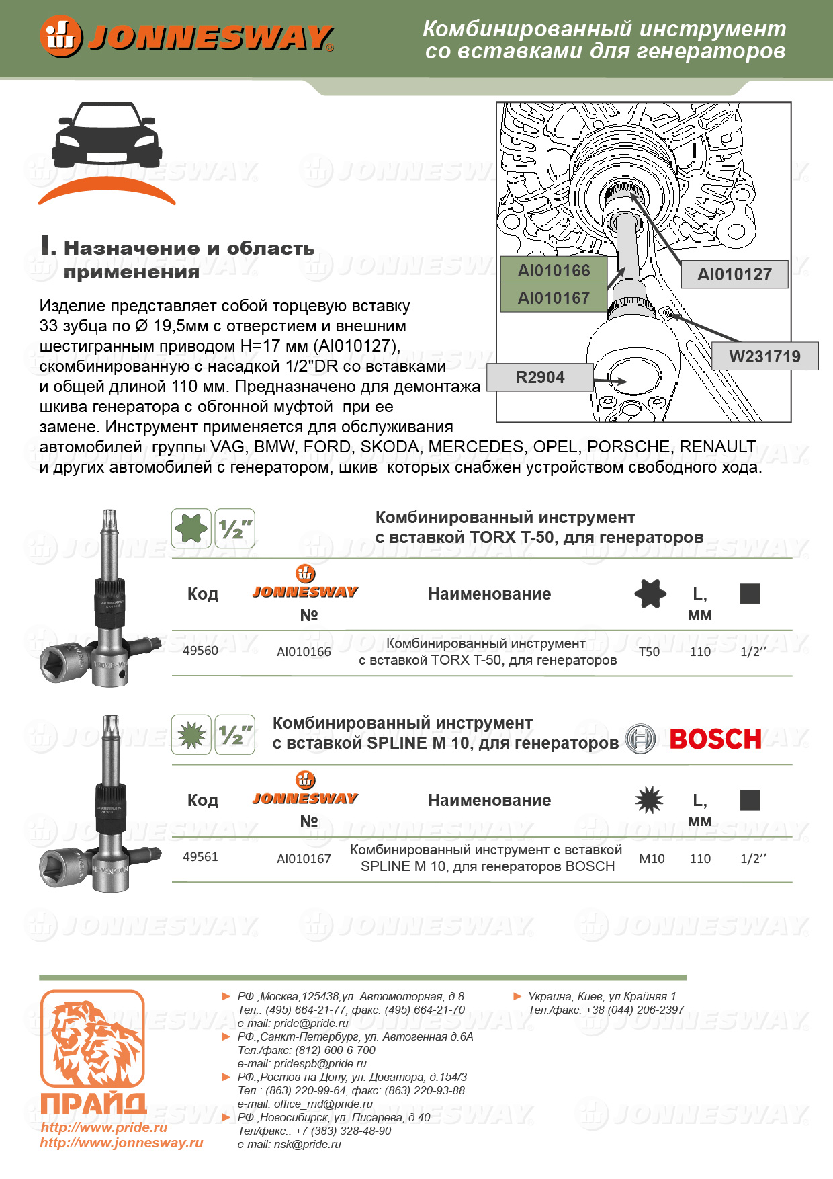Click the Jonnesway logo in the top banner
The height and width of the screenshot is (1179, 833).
click(186, 37)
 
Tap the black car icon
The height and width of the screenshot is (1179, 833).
click(107, 135)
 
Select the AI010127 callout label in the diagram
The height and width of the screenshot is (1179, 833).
click(734, 274)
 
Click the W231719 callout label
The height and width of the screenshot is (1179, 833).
click(764, 356)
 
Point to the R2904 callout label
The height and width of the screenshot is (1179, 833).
click(540, 378)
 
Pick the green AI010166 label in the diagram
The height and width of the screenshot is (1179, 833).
click(554, 270)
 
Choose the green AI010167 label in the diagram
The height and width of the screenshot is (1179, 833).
click(554, 298)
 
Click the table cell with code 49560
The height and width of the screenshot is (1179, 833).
click(200, 651)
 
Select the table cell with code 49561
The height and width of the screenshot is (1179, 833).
click(200, 857)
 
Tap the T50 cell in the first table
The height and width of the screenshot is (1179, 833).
click(649, 652)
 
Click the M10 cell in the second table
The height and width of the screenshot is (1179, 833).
click(652, 858)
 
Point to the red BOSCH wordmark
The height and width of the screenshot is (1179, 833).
click(715, 739)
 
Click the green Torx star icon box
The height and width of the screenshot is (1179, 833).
click(191, 528)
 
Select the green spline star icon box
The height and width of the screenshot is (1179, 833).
click(191, 735)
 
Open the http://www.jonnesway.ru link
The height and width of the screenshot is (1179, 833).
click(122, 1143)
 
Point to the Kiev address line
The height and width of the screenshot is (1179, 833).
click(602, 996)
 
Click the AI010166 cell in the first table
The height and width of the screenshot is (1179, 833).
click(304, 652)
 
